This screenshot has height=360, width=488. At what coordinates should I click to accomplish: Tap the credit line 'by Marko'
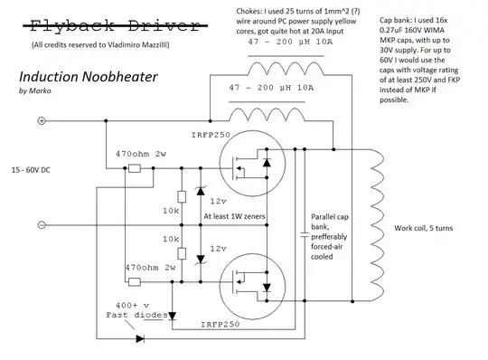pyautogui.click(x=35, y=90)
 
